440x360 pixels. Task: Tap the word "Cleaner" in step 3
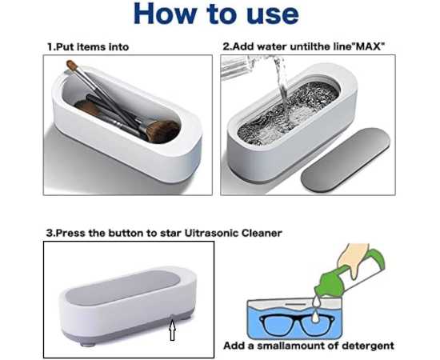coord(262,233)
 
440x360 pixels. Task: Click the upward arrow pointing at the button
coord(173,330)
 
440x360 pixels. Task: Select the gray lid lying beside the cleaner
coord(346,160)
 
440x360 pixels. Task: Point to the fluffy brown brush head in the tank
coord(162,131)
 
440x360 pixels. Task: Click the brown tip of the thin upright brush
coord(71,65)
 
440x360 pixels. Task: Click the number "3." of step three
coord(50,233)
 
